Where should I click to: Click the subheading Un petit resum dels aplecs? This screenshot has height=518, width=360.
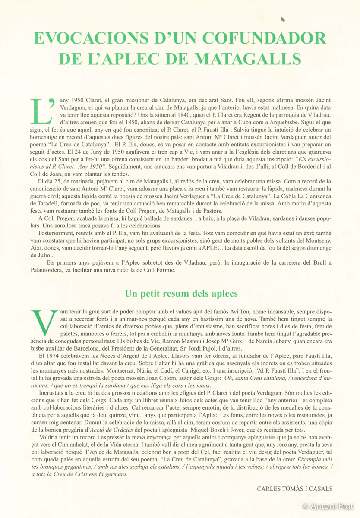[181, 294]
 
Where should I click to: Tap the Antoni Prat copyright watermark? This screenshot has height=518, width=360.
[329, 505]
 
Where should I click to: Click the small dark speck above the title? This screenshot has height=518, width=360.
[283, 19]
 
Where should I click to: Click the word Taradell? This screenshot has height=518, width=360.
[48, 202]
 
